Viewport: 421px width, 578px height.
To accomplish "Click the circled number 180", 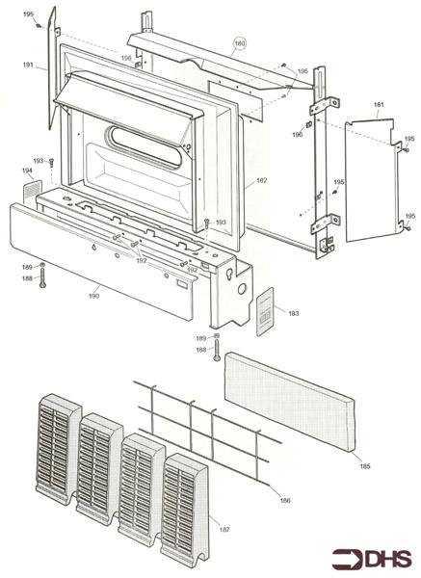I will click(x=240, y=44).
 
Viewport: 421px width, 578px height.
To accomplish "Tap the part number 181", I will click(x=379, y=104).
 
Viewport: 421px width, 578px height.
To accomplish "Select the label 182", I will click(x=261, y=181).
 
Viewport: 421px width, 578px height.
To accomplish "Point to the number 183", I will click(x=293, y=313).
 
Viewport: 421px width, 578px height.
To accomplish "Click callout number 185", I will click(x=364, y=466).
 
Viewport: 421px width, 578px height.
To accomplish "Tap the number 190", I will click(x=93, y=296).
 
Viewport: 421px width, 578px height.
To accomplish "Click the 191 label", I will click(x=29, y=66).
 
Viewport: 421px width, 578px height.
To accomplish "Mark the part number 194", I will click(x=27, y=170).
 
